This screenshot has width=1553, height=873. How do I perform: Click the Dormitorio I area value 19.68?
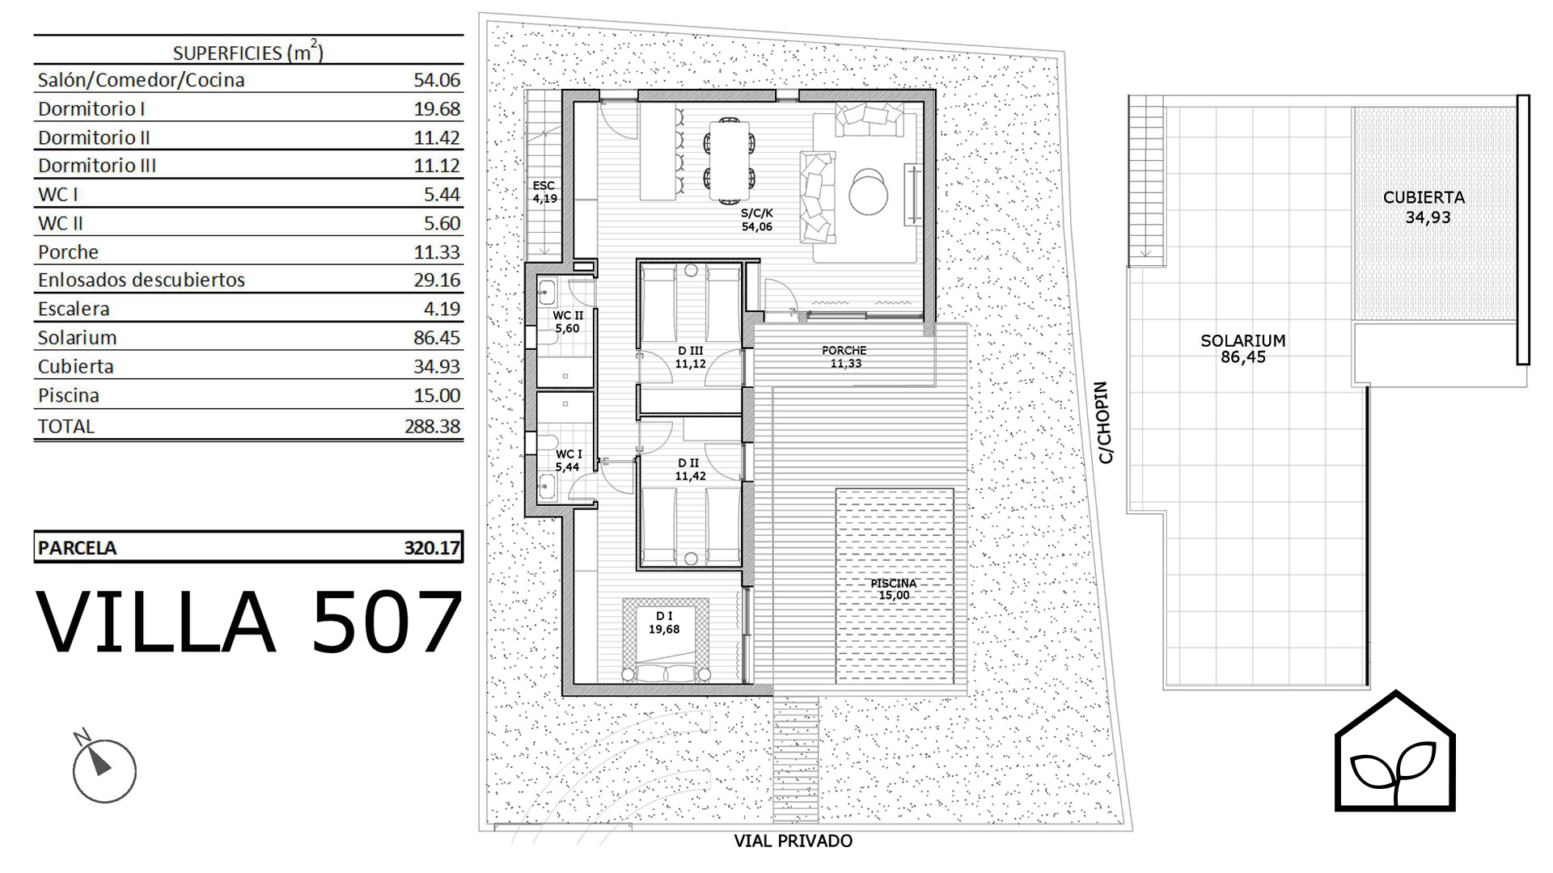click(x=437, y=109)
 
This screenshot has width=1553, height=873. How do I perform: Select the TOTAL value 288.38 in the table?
click(x=432, y=426)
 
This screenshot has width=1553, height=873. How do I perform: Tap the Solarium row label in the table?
click(x=77, y=338)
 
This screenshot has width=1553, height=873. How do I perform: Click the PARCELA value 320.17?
click(x=432, y=548)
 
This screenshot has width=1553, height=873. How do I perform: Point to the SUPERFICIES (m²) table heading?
click(x=248, y=52)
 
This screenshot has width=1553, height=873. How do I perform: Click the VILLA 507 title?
click(x=249, y=622)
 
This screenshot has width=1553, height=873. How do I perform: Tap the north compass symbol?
click(x=104, y=768)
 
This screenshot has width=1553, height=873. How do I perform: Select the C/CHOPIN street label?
click(x=1106, y=423)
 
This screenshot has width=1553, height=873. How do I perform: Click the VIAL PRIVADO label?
click(x=793, y=841)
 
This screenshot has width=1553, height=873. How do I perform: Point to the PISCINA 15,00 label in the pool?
click(x=894, y=589)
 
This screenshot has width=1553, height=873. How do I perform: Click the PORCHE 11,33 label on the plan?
click(x=844, y=357)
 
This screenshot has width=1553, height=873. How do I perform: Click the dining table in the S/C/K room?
click(x=730, y=159)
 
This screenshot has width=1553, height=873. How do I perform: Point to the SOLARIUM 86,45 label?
click(x=1243, y=349)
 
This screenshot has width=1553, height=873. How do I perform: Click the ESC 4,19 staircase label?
click(x=544, y=192)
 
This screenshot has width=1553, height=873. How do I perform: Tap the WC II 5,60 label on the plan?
click(x=568, y=322)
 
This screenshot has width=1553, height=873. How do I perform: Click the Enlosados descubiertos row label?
click(x=142, y=280)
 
